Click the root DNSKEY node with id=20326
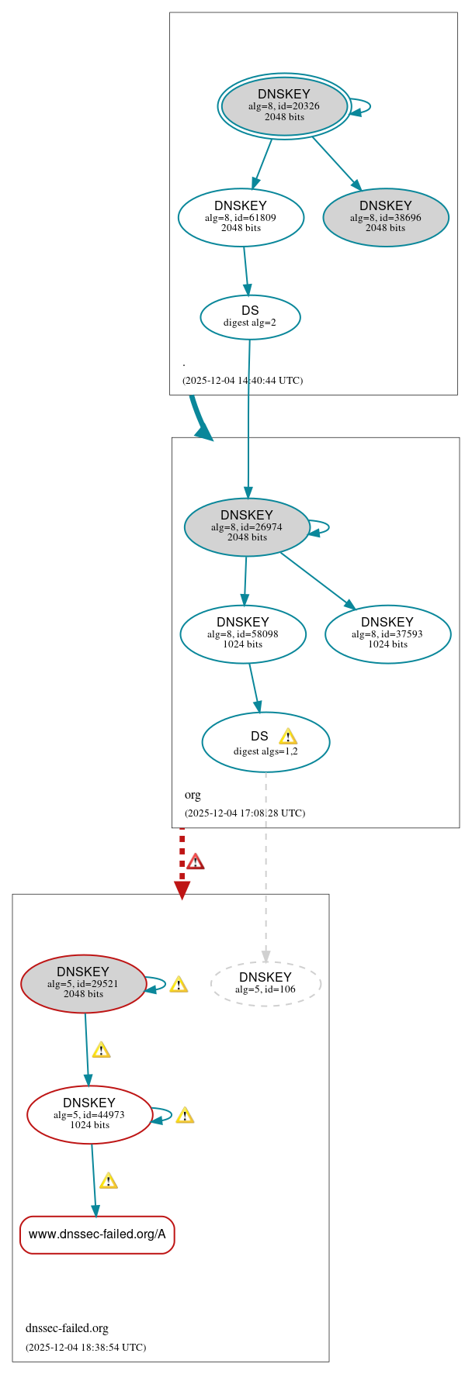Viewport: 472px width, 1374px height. point(284,106)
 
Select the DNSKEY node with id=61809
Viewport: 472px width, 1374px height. point(241,217)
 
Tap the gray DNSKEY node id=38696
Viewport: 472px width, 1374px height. point(386,217)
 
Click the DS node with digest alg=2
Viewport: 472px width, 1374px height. point(250,316)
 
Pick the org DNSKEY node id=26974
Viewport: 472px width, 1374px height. point(247,526)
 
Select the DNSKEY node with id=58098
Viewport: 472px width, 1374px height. point(243,633)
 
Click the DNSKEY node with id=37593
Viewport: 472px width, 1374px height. point(387,633)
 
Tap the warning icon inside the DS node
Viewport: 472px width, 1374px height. point(288,736)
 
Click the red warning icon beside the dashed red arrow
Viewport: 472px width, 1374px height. point(196,861)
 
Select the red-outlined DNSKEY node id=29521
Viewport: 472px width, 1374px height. point(83,983)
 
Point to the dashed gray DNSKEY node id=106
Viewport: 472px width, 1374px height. point(265,983)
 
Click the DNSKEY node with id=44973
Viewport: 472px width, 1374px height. point(89,1114)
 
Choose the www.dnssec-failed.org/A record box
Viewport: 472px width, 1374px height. point(97,1234)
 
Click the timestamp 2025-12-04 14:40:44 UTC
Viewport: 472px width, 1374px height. point(242,381)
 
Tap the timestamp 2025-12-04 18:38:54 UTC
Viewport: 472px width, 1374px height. point(85,1347)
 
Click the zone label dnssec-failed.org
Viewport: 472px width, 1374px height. point(67,1327)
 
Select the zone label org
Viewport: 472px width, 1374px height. point(193,795)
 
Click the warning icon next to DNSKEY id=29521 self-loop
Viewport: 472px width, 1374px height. point(179,984)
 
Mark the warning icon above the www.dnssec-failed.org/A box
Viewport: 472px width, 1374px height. point(109,1180)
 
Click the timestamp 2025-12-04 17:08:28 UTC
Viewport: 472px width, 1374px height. point(245,813)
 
